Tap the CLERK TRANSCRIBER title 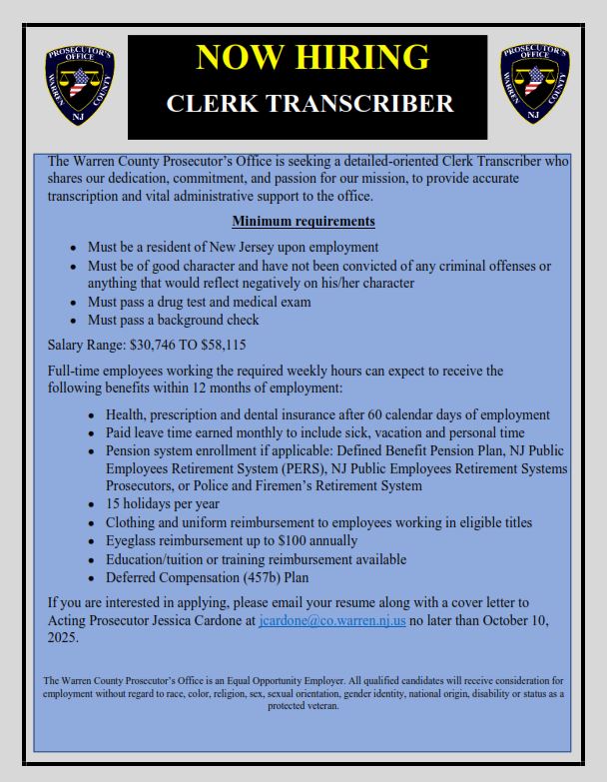(308, 103)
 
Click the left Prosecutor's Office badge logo (80, 85)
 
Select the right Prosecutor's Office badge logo (535, 85)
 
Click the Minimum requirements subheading (303, 221)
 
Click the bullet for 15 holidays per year (163, 504)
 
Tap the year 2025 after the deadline (64, 638)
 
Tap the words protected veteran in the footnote (303, 705)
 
